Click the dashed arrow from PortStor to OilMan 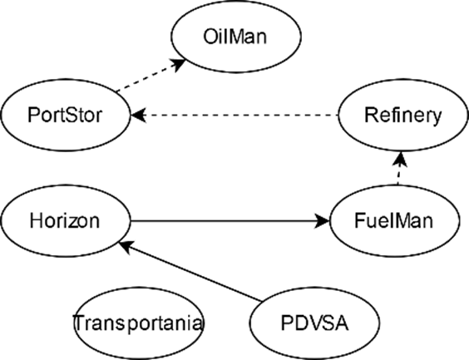pyautogui.click(x=151, y=76)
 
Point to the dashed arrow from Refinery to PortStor pyautogui.click(x=234, y=115)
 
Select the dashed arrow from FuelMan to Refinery pyautogui.click(x=400, y=168)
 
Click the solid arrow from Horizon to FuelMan pyautogui.click(x=230, y=221)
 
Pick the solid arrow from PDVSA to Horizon pyautogui.click(x=190, y=271)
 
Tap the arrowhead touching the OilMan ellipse pyautogui.click(x=177, y=64)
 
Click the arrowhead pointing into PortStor pyautogui.click(x=138, y=115)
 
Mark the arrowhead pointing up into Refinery pyautogui.click(x=401, y=159)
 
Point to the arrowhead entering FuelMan pyautogui.click(x=322, y=221)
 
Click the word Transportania pyautogui.click(x=138, y=323)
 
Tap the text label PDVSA pyautogui.click(x=314, y=323)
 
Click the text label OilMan pyautogui.click(x=235, y=37)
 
